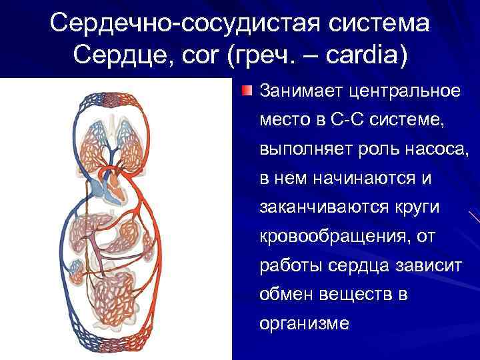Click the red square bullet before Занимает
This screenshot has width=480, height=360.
pos(247,90)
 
